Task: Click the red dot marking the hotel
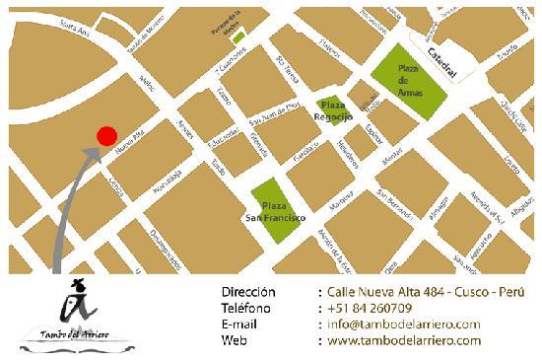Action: click(107, 136)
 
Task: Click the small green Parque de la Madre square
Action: click(237, 36)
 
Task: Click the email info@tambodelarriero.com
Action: click(403, 324)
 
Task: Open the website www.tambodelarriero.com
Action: click(403, 340)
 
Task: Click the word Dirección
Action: click(248, 292)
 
